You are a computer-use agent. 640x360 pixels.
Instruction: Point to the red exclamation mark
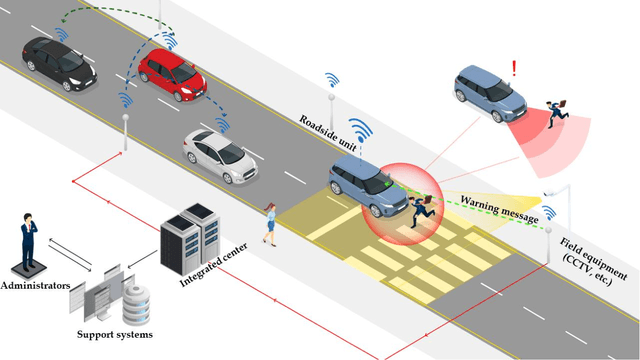point(514,69)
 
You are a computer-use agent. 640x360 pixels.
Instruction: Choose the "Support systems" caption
point(115,334)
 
